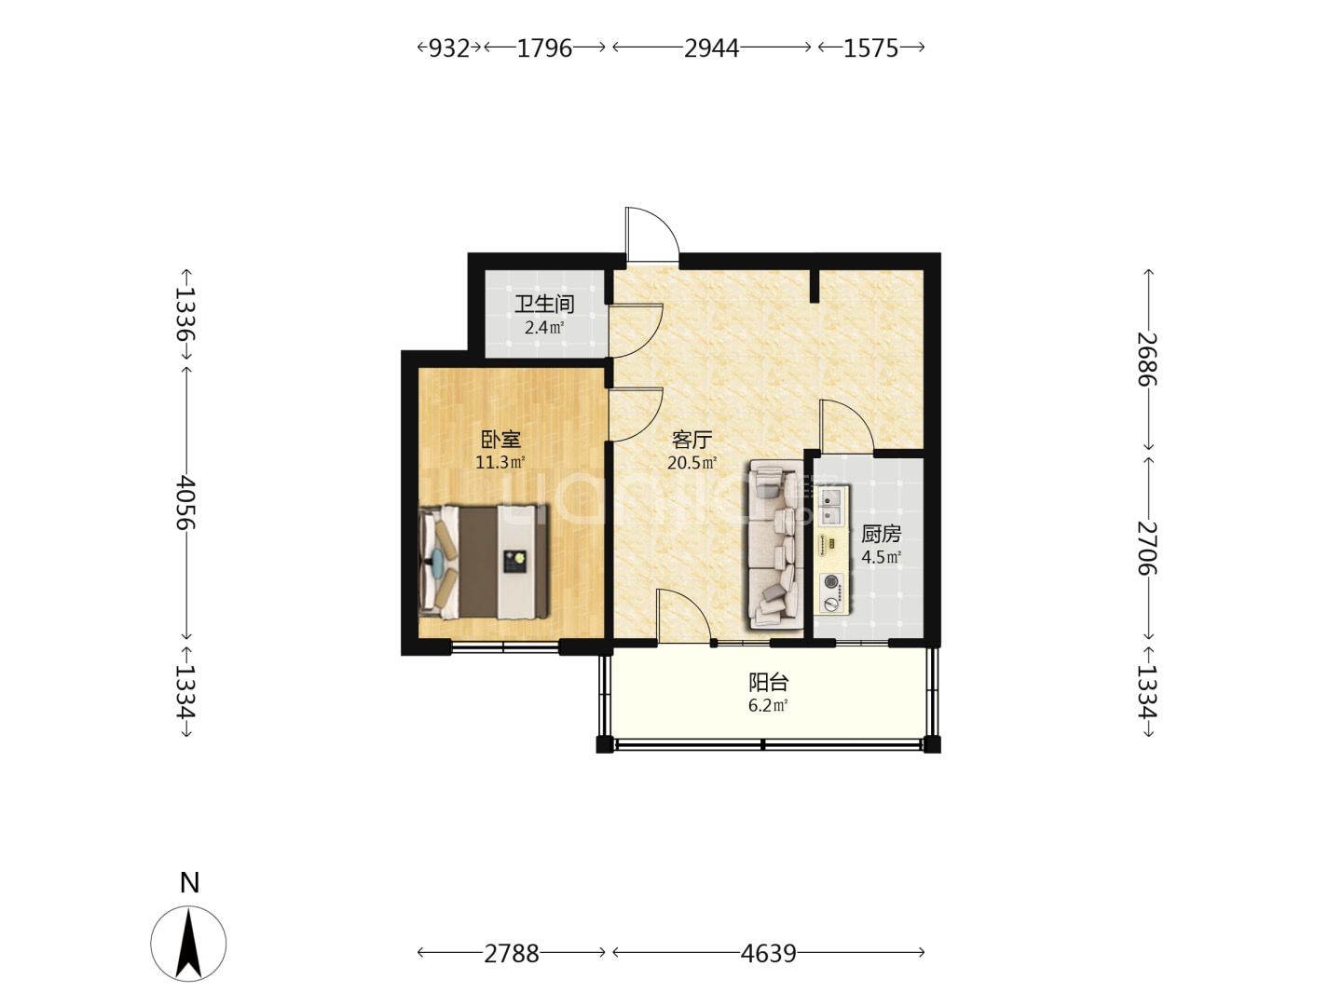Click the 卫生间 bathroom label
tap(543, 304)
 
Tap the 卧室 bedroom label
tap(500, 439)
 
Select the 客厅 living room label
tap(692, 439)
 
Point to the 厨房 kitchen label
tap(881, 534)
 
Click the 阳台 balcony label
tap(769, 682)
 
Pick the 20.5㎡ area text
tap(692, 462)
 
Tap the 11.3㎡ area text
tap(500, 462)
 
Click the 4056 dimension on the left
tap(185, 503)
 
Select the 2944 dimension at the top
tap(711, 48)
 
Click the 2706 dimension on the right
tap(1147, 548)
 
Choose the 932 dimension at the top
tap(449, 48)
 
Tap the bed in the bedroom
tap(484, 562)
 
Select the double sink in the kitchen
tap(831, 506)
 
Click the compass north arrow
tap(188, 944)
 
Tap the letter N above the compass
tap(189, 883)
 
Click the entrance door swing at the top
tap(651, 235)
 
